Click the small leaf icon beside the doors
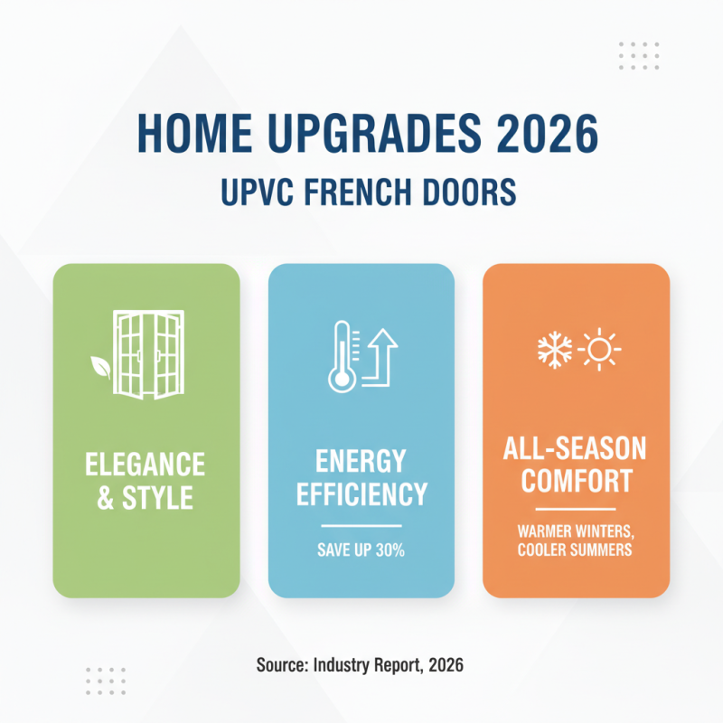coord(99,366)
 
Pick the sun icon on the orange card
coord(599,348)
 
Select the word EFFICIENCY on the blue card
coord(361,494)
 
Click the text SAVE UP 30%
coord(361,549)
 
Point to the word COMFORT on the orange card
coord(576,481)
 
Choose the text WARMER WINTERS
coord(576,531)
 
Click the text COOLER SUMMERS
coord(576,549)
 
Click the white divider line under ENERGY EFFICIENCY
coord(361,525)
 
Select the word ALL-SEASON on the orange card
coord(576,449)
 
